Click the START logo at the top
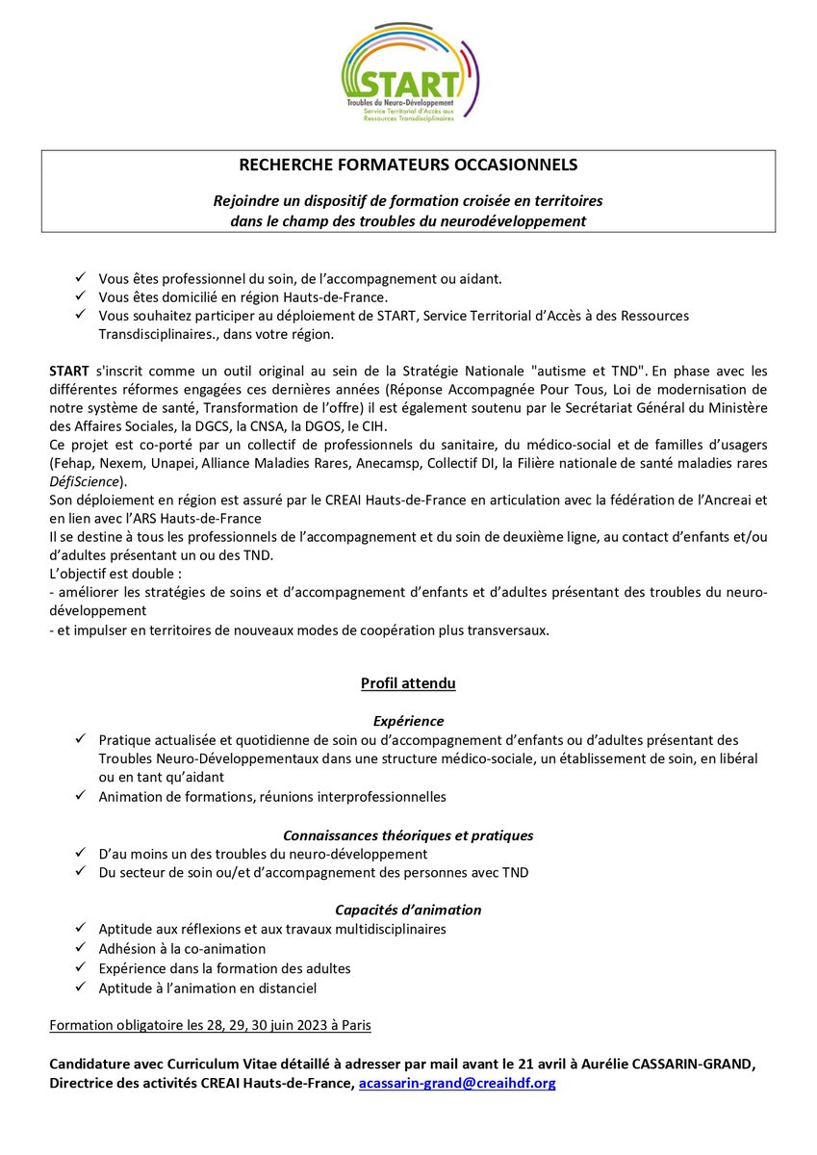tap(410, 72)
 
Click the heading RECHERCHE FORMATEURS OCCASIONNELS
tap(408, 165)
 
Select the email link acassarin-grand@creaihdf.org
tap(457, 1084)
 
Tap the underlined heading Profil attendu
tap(408, 683)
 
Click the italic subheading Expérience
tap(408, 721)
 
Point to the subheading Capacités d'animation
tap(408, 910)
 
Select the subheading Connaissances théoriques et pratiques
tap(408, 835)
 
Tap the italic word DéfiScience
tap(85, 481)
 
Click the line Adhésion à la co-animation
tap(182, 948)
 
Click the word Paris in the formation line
tap(351, 1025)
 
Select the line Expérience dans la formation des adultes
tap(224, 968)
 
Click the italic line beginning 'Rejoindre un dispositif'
tap(408, 202)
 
